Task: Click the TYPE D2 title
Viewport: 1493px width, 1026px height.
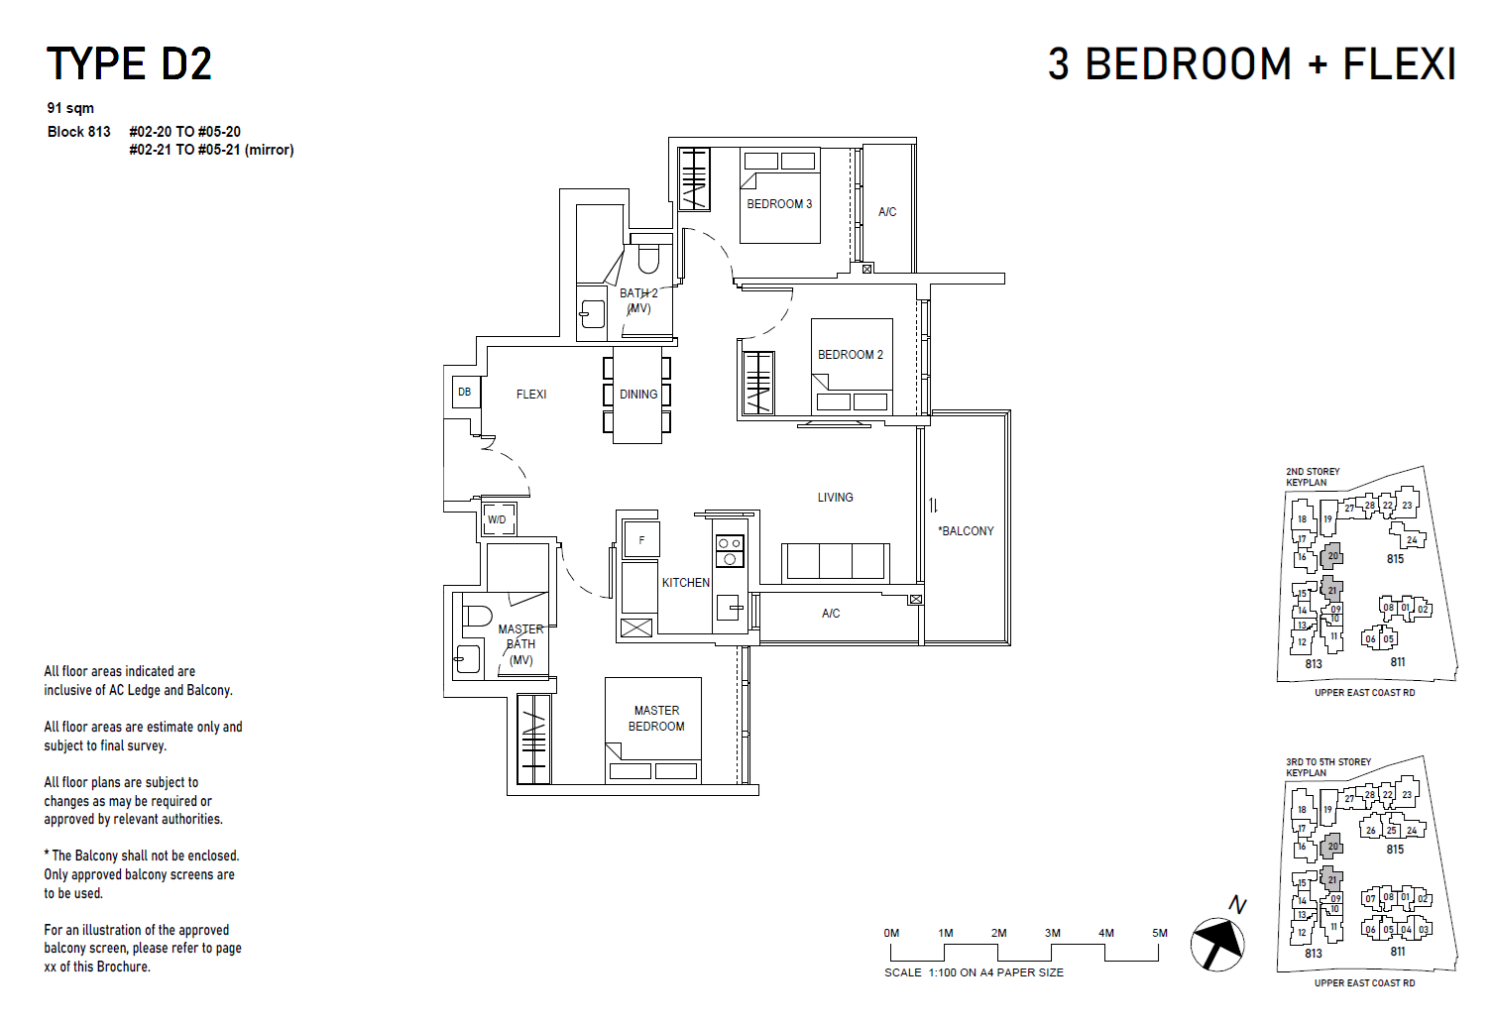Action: (x=129, y=64)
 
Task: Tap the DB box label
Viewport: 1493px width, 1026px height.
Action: (x=464, y=393)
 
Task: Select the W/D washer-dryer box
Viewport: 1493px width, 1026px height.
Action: (x=497, y=519)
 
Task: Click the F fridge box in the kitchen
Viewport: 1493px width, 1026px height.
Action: (x=641, y=540)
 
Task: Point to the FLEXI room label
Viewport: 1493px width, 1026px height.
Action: (x=531, y=395)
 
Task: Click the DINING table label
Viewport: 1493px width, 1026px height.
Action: (x=638, y=395)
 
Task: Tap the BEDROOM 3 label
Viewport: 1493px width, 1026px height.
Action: (x=779, y=204)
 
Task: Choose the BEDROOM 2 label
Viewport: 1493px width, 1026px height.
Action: (x=850, y=355)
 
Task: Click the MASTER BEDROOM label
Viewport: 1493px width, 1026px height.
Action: (x=656, y=719)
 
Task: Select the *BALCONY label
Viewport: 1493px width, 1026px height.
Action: (x=966, y=531)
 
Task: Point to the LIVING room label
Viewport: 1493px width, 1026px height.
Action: (x=835, y=498)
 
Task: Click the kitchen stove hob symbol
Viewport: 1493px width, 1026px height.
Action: (x=730, y=551)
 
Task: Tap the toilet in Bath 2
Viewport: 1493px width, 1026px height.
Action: (x=648, y=258)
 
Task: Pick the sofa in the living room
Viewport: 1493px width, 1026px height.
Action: (x=835, y=561)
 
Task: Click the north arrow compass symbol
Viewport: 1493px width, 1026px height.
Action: (x=1218, y=942)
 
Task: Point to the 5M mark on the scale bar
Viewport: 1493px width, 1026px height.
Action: (x=1159, y=933)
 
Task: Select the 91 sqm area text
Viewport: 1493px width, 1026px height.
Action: (x=70, y=108)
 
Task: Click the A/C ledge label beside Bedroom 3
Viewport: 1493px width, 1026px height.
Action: (x=887, y=212)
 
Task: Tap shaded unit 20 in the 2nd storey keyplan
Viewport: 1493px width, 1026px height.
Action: (x=1332, y=556)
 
